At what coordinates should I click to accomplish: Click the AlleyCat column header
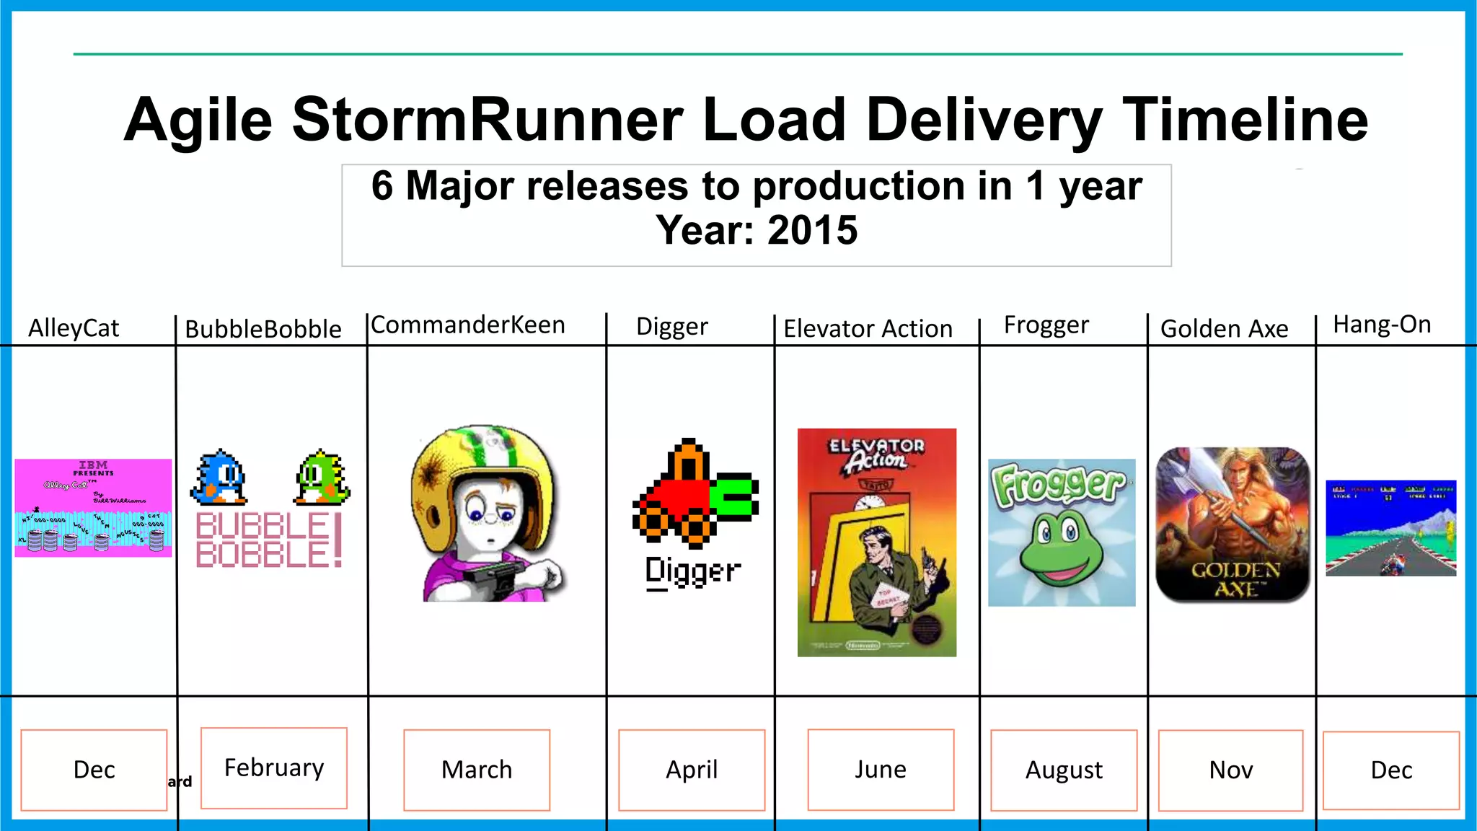coord(74,328)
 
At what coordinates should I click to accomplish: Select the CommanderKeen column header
coord(468,325)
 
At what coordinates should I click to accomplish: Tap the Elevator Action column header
coord(868,329)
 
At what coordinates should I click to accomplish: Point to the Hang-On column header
coord(1382,325)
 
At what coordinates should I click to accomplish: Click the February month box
coord(274,768)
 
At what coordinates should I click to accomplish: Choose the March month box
coord(477,770)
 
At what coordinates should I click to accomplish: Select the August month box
coord(1064,770)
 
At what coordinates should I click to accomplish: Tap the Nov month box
coord(1230,770)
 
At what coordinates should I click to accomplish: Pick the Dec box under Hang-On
coord(1391,770)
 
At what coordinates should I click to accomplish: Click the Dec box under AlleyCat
coord(94,770)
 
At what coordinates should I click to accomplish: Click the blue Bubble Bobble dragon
coord(220,477)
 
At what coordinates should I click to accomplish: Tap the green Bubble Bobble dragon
coord(322,477)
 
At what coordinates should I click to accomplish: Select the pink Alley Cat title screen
coord(93,508)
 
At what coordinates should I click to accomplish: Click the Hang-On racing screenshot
coord(1390,528)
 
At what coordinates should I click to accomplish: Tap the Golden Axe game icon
coord(1233,524)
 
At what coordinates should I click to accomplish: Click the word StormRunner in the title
coord(488,120)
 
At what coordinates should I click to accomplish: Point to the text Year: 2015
coord(757,231)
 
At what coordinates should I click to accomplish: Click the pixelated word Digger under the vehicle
coord(692,572)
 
